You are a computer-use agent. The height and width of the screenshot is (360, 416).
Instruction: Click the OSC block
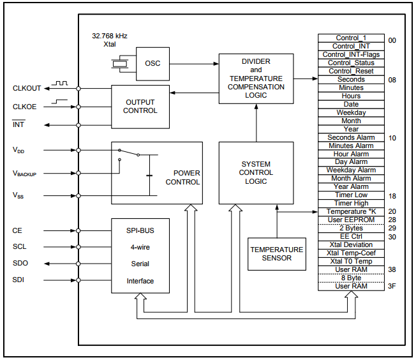[x=152, y=63]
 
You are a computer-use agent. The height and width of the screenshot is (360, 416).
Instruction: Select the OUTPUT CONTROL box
[x=140, y=106]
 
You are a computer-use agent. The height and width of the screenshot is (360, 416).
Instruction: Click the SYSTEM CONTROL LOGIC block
[x=256, y=172]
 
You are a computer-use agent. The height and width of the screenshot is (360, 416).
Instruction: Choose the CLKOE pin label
[x=25, y=107]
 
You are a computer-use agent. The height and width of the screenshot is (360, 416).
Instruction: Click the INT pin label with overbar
[x=19, y=124]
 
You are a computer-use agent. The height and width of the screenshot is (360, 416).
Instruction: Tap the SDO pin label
[x=20, y=263]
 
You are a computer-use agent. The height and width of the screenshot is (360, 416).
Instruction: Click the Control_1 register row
[x=351, y=38]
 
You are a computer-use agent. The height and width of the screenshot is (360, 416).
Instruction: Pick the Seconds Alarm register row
[x=351, y=138]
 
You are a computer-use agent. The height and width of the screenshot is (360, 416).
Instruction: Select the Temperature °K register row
[x=351, y=212]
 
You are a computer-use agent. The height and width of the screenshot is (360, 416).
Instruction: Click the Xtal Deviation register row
[x=351, y=245]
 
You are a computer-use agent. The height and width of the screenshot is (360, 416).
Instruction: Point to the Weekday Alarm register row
[x=351, y=170]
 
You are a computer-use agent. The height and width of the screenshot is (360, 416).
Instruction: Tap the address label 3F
[x=392, y=287]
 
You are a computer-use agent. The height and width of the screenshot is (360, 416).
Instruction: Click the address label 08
[x=392, y=80]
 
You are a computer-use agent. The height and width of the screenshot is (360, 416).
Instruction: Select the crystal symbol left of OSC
[x=120, y=63]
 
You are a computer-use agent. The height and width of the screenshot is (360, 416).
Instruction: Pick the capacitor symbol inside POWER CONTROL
[x=149, y=174]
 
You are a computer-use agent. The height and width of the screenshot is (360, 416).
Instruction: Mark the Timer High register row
[x=351, y=204]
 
